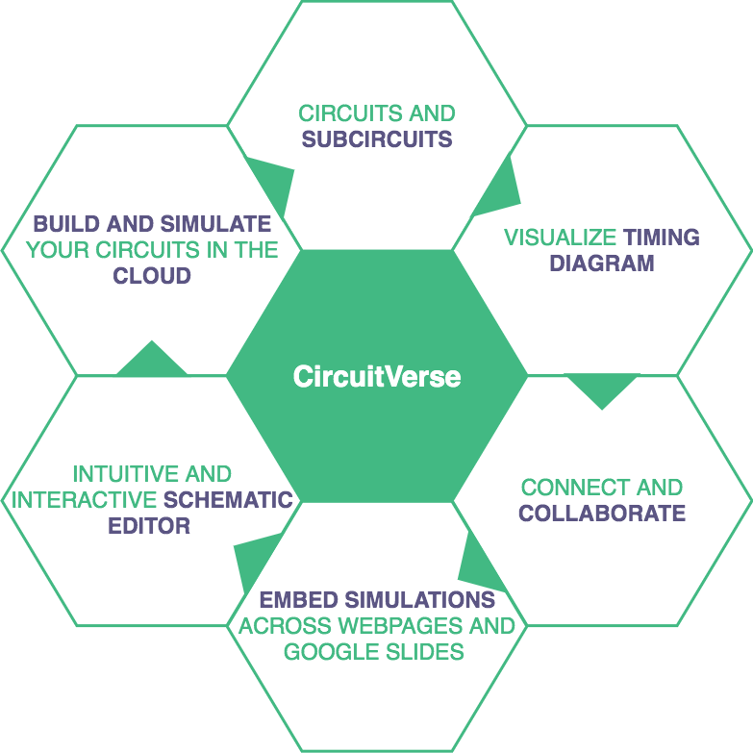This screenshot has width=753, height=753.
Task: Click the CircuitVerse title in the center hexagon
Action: coord(377,376)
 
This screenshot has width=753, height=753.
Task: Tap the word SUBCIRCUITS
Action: coord(377,139)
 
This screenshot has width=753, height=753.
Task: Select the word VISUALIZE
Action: coord(561,238)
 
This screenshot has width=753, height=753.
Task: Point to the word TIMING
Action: coord(662,238)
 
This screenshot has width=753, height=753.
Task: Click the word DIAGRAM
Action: coord(602,264)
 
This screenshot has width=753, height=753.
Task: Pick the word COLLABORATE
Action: coord(602,513)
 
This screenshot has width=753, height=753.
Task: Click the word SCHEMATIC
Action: coord(228,500)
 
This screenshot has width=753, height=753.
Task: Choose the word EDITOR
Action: coord(149,526)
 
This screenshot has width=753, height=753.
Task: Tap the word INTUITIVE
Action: coord(112,474)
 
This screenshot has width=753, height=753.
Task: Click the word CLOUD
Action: coord(152,276)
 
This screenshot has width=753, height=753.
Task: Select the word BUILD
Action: coord(66,224)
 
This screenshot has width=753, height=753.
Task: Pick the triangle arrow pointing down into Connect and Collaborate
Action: coord(602,387)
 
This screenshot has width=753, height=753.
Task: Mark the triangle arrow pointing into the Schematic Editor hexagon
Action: coord(255,555)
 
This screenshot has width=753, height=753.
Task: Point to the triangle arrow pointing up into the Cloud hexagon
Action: coord(151,362)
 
